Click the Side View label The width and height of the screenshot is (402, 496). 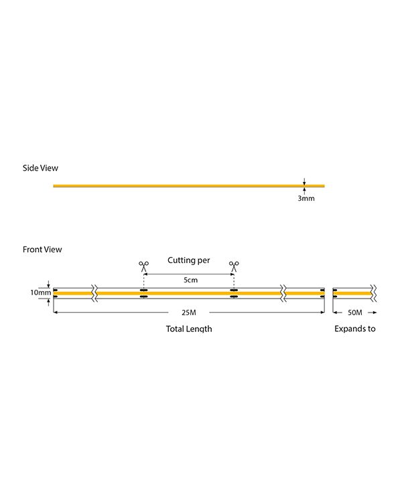point(40,168)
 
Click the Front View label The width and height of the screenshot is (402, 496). point(42,249)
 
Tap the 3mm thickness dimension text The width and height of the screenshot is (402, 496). point(306,198)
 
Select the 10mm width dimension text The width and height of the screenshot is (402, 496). point(40,293)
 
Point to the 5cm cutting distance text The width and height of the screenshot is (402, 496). point(190,280)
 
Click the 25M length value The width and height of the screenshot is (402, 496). point(189,313)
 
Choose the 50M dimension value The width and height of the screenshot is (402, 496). point(355,313)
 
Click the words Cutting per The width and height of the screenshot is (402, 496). point(189,260)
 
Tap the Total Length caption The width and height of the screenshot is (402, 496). point(189,329)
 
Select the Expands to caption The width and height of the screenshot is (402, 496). point(355,329)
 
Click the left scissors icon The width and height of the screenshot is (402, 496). point(143,266)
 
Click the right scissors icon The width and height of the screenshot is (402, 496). point(234,266)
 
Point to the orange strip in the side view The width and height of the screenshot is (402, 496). point(189,186)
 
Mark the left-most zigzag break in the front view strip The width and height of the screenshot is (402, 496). point(94,293)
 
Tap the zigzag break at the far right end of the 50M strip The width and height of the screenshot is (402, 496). point(374,293)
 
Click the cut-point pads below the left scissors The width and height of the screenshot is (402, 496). point(143,293)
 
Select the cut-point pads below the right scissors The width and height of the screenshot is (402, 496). point(234,293)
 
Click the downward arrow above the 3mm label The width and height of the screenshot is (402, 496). point(304,181)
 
